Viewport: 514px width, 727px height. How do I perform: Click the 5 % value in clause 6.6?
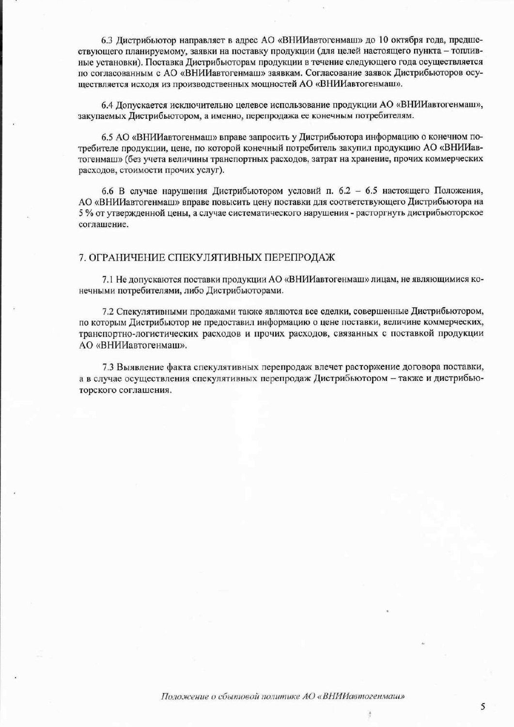click(x=86, y=214)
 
